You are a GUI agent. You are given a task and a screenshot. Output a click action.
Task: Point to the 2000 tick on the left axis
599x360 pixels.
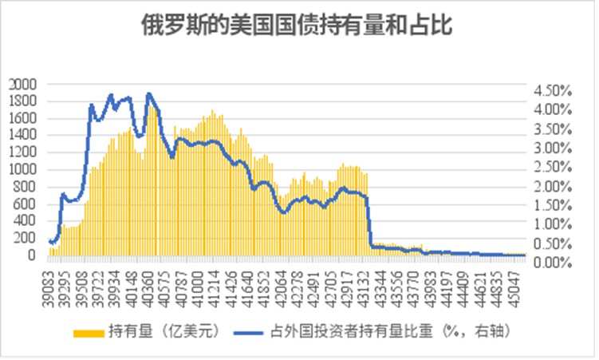(x=22, y=84)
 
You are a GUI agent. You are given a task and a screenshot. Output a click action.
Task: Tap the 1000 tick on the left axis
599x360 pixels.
(x=22, y=170)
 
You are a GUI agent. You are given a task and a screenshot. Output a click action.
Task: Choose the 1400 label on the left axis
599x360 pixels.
(x=22, y=136)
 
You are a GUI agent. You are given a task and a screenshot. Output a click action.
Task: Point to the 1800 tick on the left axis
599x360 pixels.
(x=22, y=101)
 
